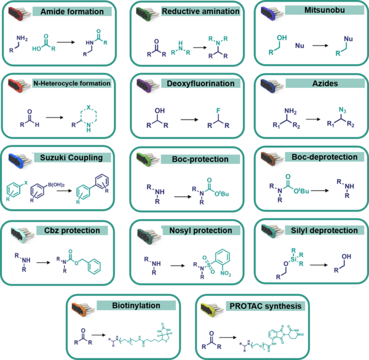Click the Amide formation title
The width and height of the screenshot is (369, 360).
(76, 12)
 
